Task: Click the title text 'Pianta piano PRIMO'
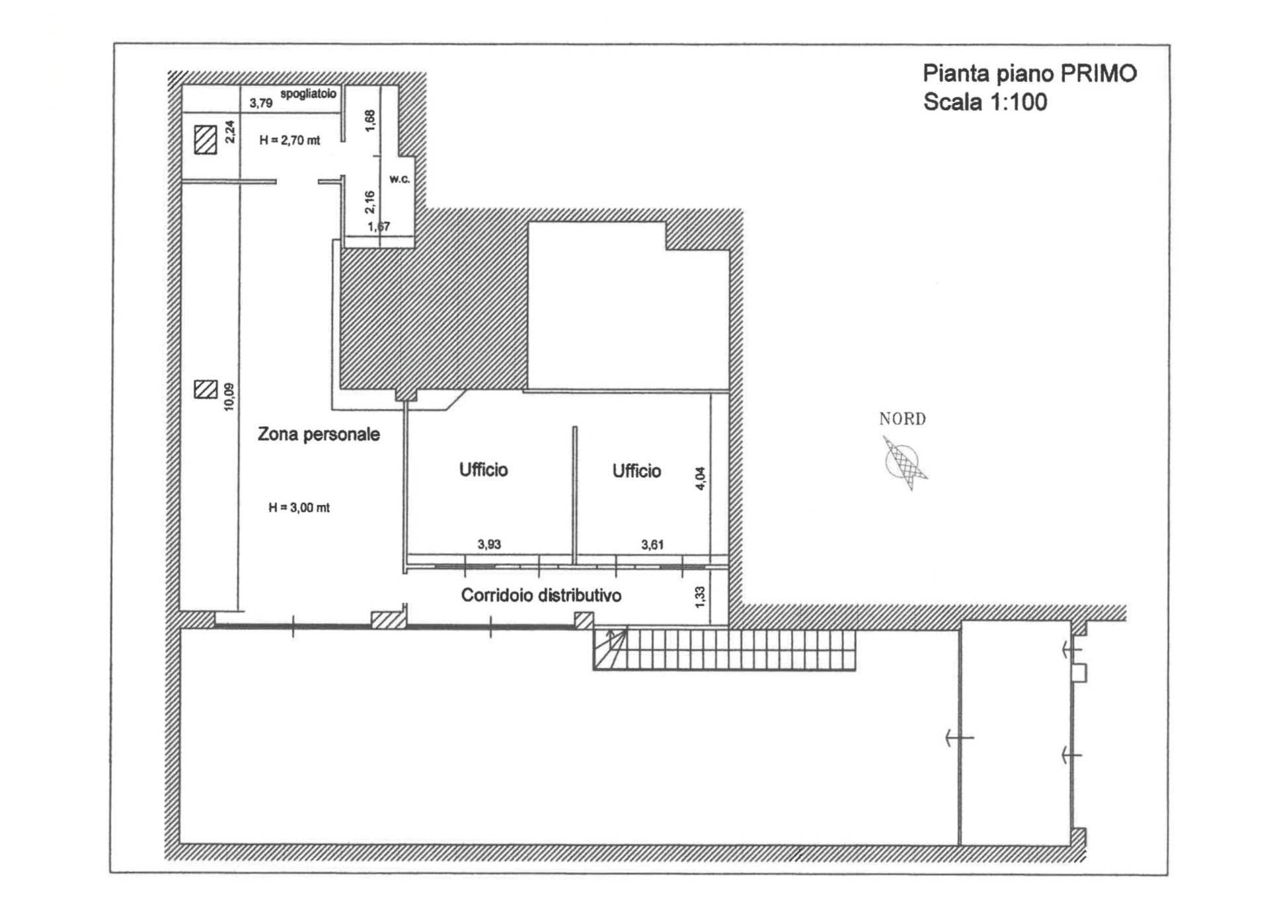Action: (1029, 73)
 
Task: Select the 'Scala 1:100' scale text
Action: (985, 102)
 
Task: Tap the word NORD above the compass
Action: (902, 419)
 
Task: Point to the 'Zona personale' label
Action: (319, 434)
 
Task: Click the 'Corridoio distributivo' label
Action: (541, 595)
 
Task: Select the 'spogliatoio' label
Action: (308, 94)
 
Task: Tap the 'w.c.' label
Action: (399, 179)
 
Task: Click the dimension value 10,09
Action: (229, 397)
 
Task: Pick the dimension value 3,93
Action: (489, 545)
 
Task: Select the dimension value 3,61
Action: (652, 545)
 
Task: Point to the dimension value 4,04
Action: (701, 478)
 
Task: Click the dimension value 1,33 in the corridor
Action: (701, 597)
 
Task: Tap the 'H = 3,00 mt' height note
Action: (299, 508)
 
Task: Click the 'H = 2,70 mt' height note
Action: (289, 140)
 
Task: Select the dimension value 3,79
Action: (260, 103)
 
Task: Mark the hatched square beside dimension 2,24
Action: (206, 140)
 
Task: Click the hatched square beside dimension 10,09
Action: (206, 389)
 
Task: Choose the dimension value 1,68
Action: (369, 120)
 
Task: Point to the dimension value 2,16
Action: (369, 202)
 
